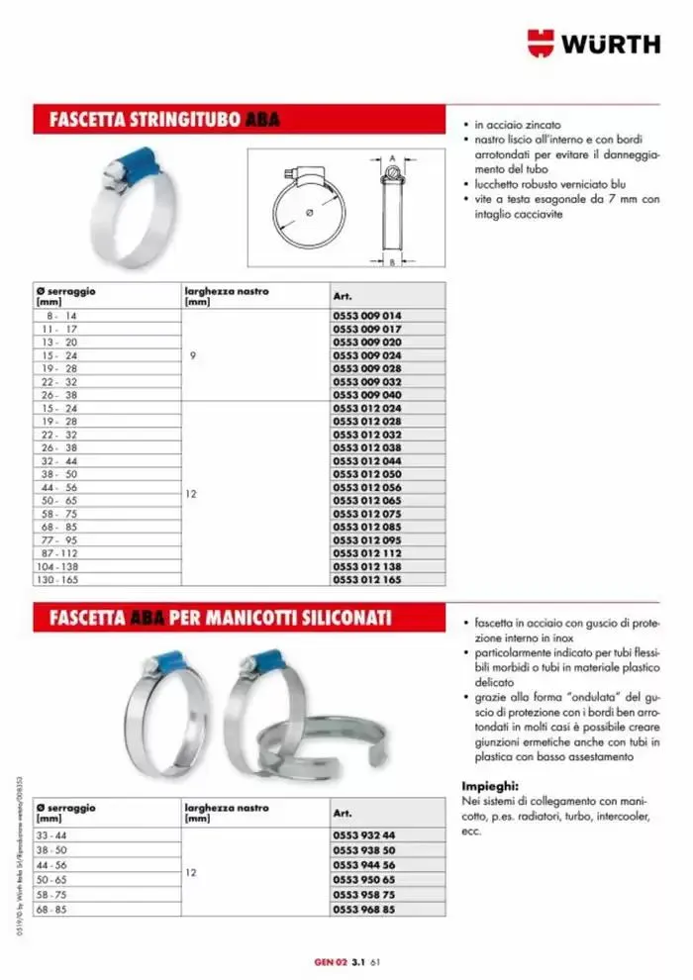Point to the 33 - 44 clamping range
pyautogui.click(x=49, y=834)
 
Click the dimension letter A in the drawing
pyautogui.click(x=392, y=156)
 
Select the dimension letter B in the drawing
pyautogui.click(x=392, y=262)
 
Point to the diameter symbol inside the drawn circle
pyautogui.click(x=311, y=212)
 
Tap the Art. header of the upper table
pyautogui.click(x=344, y=295)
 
